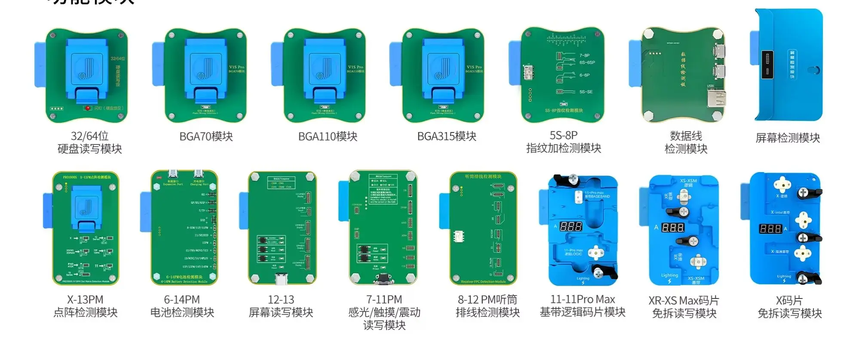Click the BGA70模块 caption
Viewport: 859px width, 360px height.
206,137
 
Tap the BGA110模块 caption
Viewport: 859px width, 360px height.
328,137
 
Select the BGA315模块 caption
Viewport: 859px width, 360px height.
447,137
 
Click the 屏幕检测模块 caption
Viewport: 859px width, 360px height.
788,138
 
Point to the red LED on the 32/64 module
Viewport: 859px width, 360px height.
88,108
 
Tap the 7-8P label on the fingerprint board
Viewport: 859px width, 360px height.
584,55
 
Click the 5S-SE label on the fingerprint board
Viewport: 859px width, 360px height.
586,92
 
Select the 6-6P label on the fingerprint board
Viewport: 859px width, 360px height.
584,75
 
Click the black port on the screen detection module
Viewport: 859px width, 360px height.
767,65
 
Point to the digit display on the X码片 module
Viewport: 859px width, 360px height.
770,228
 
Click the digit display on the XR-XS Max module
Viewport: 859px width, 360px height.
672,228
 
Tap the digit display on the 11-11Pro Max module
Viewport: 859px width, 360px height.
571,226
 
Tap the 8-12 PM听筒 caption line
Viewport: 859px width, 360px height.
488,299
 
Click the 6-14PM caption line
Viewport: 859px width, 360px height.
182,299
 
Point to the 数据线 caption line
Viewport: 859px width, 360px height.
686,136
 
